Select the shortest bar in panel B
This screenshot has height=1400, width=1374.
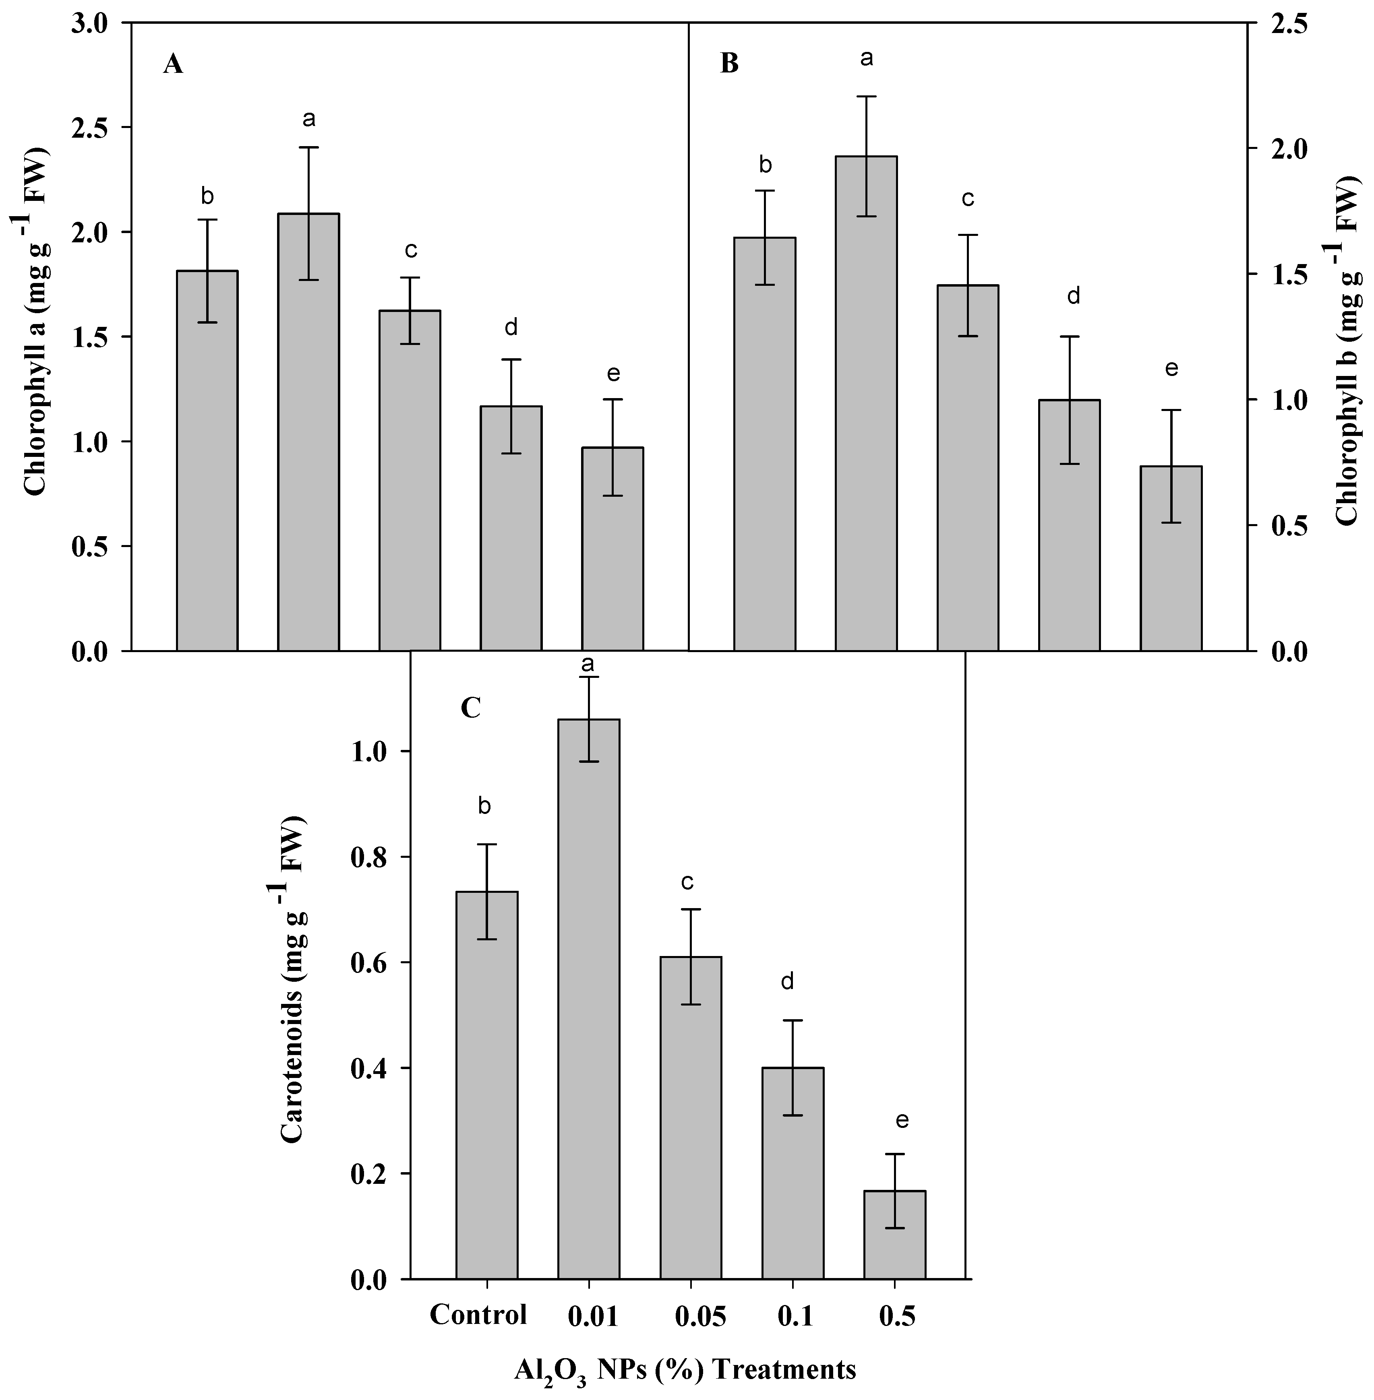click(x=1171, y=559)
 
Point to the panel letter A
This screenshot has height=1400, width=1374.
click(x=173, y=65)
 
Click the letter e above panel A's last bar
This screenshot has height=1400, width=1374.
click(x=613, y=374)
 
